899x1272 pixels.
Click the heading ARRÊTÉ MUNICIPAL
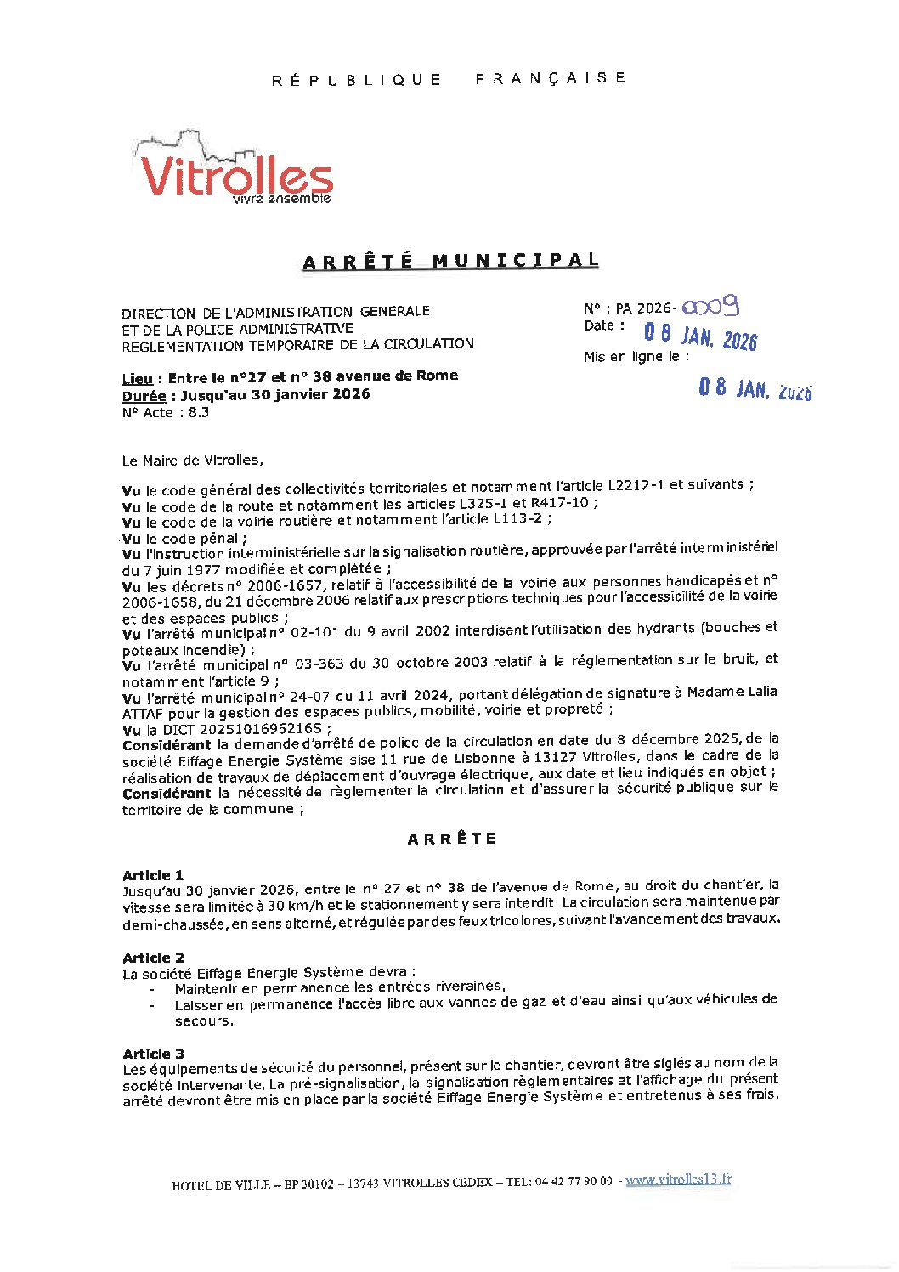pyautogui.click(x=450, y=261)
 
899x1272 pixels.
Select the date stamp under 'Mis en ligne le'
pyautogui.click(x=755, y=389)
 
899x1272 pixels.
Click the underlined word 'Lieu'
pyautogui.click(x=138, y=379)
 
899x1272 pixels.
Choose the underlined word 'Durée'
pyautogui.click(x=144, y=396)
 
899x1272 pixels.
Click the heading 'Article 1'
pyautogui.click(x=153, y=875)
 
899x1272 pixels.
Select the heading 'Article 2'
pyautogui.click(x=153, y=958)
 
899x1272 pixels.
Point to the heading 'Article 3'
pyautogui.click(x=153, y=1054)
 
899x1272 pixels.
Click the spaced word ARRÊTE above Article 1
pyautogui.click(x=451, y=839)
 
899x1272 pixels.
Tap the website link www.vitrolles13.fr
pyautogui.click(x=678, y=1179)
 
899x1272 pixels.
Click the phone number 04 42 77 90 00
pyautogui.click(x=574, y=1181)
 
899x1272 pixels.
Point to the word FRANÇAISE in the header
pyautogui.click(x=551, y=78)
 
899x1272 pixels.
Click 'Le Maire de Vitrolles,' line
pyautogui.click(x=193, y=461)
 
